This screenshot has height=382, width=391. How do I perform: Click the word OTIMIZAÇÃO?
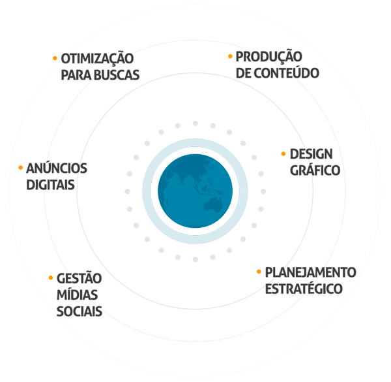[97, 59]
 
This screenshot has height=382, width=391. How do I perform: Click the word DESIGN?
[311, 155]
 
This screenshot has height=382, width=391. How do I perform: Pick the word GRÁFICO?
[315, 170]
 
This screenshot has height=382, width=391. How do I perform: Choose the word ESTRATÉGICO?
[304, 288]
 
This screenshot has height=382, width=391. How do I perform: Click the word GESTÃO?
[79, 278]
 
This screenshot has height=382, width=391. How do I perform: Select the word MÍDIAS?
[78, 294]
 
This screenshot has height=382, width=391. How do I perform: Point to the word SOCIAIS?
[80, 311]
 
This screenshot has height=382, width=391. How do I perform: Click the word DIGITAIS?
[51, 184]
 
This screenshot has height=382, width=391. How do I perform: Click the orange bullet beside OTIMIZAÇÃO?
[55, 58]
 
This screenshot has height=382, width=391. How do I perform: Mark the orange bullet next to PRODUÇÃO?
[230, 57]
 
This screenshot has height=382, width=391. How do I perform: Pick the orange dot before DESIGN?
[283, 154]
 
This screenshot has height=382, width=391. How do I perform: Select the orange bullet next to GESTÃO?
[51, 278]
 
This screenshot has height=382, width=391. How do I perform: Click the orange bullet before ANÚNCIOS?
[21, 168]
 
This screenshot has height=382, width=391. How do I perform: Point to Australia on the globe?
[212, 205]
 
